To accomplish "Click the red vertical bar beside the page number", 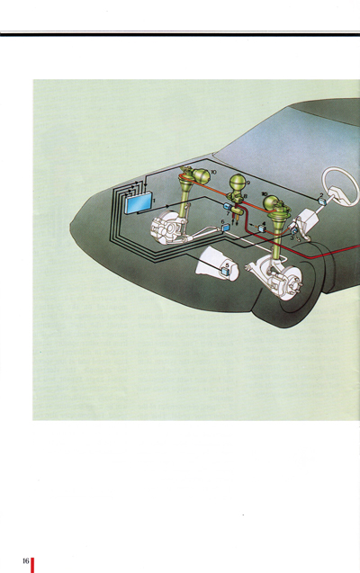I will tap(33, 563).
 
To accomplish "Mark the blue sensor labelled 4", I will tap(261, 229).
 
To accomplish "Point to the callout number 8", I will tap(245, 197).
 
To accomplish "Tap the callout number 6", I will tap(221, 221).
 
